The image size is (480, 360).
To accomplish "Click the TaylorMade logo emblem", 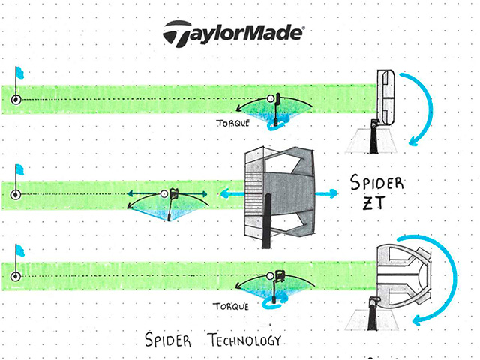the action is click(x=178, y=33).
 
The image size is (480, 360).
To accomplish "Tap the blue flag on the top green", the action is click(x=20, y=73).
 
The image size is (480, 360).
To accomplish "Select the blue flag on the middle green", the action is click(x=20, y=170).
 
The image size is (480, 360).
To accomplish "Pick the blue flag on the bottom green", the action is click(x=20, y=250).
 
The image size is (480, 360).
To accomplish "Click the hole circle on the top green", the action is click(x=16, y=100).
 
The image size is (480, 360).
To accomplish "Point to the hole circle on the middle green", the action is click(x=16, y=195).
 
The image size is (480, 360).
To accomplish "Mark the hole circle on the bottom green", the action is click(x=16, y=277).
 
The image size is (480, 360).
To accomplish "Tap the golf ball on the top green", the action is click(x=271, y=98).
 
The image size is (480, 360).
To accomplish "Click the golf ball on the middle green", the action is click(x=165, y=193).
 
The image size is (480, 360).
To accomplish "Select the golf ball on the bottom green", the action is click(x=270, y=276).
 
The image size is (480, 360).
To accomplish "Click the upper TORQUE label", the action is click(x=233, y=123).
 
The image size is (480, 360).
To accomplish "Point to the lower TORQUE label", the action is click(x=231, y=306).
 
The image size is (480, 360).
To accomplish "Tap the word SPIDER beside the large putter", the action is click(x=376, y=183).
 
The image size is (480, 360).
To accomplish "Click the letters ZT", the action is click(x=373, y=202).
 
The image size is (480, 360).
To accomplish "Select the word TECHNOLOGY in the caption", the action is click(x=244, y=340).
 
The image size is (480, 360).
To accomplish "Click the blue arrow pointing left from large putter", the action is click(x=232, y=193).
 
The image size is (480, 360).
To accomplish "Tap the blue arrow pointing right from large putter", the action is click(x=326, y=193).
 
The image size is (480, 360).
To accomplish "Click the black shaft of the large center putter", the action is click(x=266, y=221).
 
